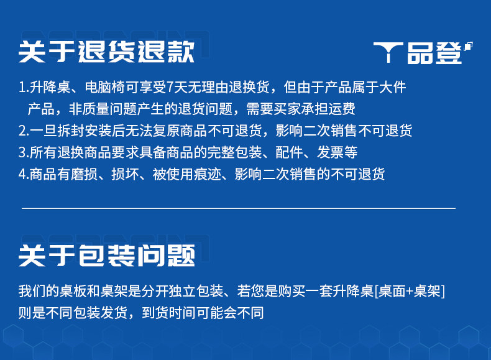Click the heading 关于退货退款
click(x=106, y=52)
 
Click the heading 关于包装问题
click(x=106, y=256)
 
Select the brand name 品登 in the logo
click(x=434, y=53)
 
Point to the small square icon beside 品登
click(x=468, y=46)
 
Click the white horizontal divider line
click(x=239, y=208)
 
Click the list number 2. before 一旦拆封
click(x=24, y=131)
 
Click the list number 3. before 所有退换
click(x=24, y=152)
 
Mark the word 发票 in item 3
click(x=331, y=152)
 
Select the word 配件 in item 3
click(x=290, y=152)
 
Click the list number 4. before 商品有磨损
click(x=24, y=175)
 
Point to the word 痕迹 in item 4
click(x=208, y=174)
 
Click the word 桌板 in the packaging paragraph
click(x=73, y=291)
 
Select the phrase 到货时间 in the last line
click(x=169, y=313)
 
